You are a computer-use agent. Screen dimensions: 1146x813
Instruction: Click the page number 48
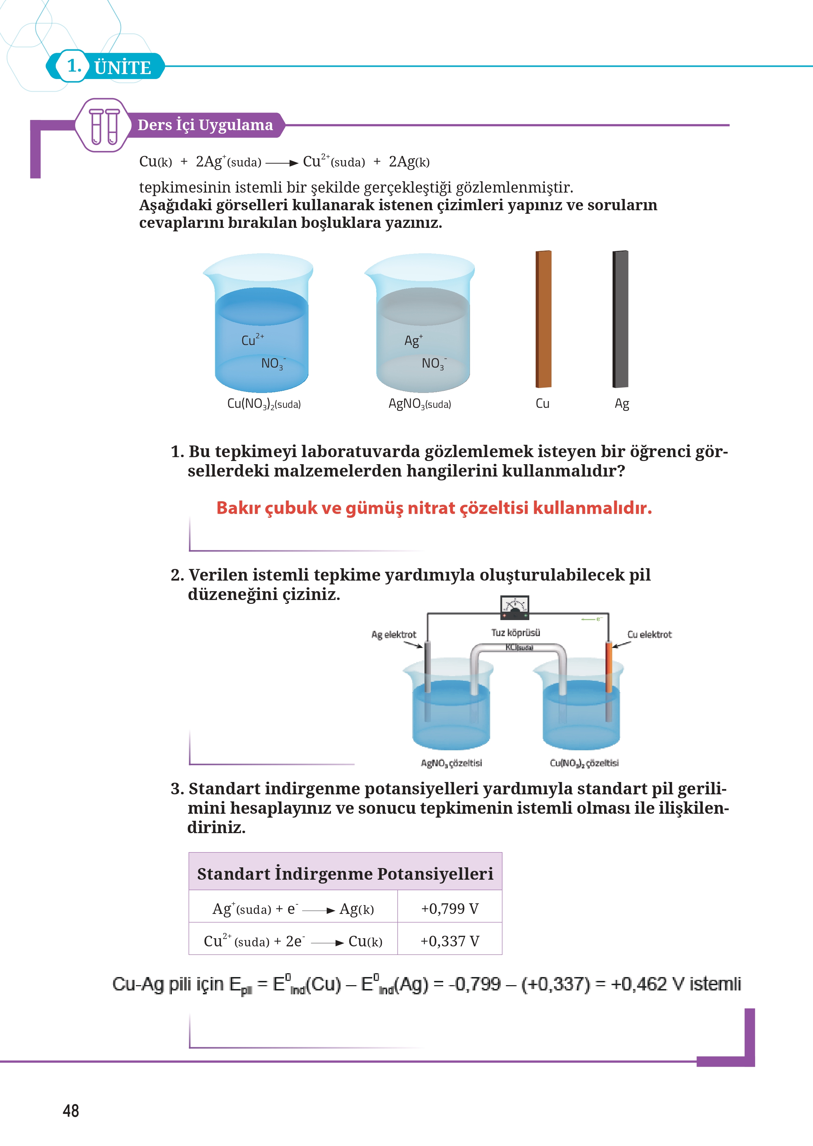[71, 1110]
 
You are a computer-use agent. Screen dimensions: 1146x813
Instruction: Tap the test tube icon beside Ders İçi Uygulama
[104, 126]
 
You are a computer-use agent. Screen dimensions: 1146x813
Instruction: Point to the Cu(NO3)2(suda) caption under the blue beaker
[264, 404]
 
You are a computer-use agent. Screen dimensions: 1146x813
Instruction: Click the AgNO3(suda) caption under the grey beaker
[420, 404]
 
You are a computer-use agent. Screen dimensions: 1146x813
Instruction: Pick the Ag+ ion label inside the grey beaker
[413, 341]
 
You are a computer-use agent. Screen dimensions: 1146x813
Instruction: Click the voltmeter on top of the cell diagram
[514, 606]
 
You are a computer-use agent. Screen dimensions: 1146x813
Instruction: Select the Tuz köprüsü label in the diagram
[516, 632]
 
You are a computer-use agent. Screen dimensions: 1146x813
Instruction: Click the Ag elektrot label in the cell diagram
[393, 635]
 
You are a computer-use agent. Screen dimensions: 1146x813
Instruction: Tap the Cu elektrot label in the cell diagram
[649, 635]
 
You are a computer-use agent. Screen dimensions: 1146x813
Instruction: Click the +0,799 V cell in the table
[450, 908]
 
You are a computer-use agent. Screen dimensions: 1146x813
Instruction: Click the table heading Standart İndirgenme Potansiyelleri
[345, 874]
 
